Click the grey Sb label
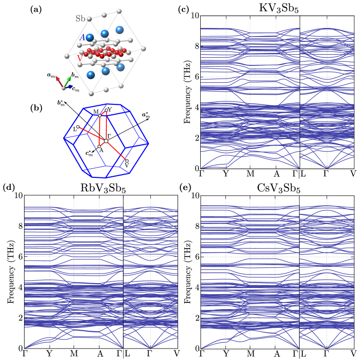point(80,19)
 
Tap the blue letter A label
point(82,37)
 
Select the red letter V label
point(79,58)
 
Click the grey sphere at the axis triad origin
point(64,88)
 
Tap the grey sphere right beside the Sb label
point(90,19)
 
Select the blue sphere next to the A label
point(90,37)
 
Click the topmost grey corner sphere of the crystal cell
point(119,11)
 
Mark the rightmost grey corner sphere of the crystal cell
point(143,49)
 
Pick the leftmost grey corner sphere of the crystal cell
point(66,56)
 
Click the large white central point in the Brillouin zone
point(106,141)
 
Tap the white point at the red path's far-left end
point(78,127)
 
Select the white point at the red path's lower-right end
point(127,161)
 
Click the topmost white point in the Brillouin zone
point(106,111)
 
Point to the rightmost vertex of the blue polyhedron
point(148,143)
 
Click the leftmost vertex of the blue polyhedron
point(64,138)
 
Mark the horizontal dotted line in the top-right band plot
point(250,77)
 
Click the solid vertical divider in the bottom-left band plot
point(124,274)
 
